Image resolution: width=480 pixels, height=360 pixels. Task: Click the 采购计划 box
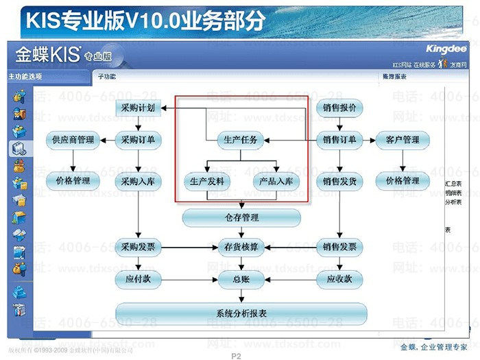[138, 108]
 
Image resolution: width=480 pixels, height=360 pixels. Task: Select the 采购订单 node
[138, 141]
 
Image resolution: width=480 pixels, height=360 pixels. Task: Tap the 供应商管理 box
[73, 141]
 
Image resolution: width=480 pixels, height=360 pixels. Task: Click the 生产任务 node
[241, 141]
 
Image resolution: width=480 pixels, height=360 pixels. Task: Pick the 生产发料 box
[207, 181]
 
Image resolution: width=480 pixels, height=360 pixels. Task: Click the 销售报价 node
[339, 108]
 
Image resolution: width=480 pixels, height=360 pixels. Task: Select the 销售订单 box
[339, 141]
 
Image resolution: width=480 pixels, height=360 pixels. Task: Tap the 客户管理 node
[403, 141]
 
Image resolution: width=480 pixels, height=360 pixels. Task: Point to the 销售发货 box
[339, 181]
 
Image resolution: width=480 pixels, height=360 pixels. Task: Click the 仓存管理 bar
[241, 218]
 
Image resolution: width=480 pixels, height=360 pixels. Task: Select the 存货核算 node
[241, 247]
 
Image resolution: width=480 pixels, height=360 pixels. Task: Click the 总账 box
[241, 279]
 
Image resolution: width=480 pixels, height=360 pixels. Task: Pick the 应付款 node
[138, 279]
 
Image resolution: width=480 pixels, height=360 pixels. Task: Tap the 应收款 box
[339, 279]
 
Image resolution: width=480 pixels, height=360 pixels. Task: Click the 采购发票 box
[138, 247]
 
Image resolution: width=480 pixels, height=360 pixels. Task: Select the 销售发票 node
[339, 247]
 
